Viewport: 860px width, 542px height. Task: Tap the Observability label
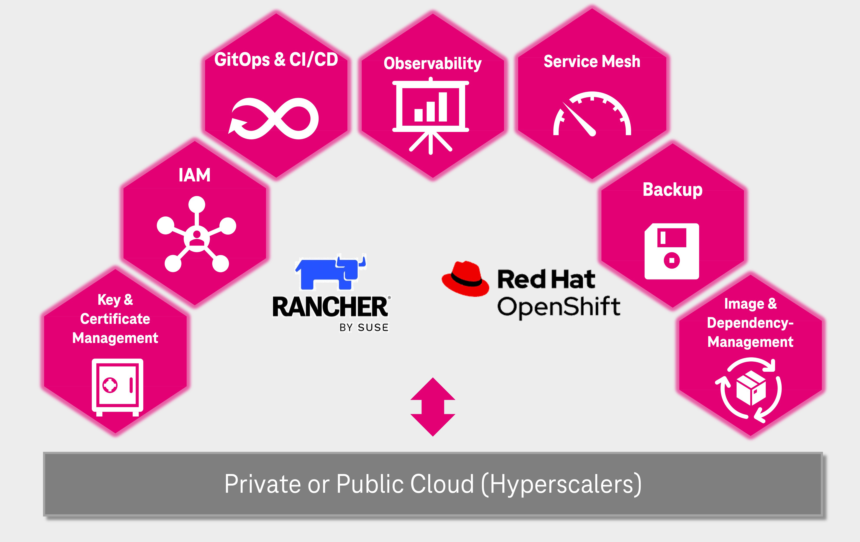(433, 64)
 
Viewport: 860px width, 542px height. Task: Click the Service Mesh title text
(592, 61)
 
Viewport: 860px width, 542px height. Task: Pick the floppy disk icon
(671, 251)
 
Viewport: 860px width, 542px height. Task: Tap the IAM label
(195, 175)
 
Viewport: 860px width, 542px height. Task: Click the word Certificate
(115, 319)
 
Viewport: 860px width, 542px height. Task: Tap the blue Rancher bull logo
(330, 273)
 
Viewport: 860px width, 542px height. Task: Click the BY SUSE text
(364, 328)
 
